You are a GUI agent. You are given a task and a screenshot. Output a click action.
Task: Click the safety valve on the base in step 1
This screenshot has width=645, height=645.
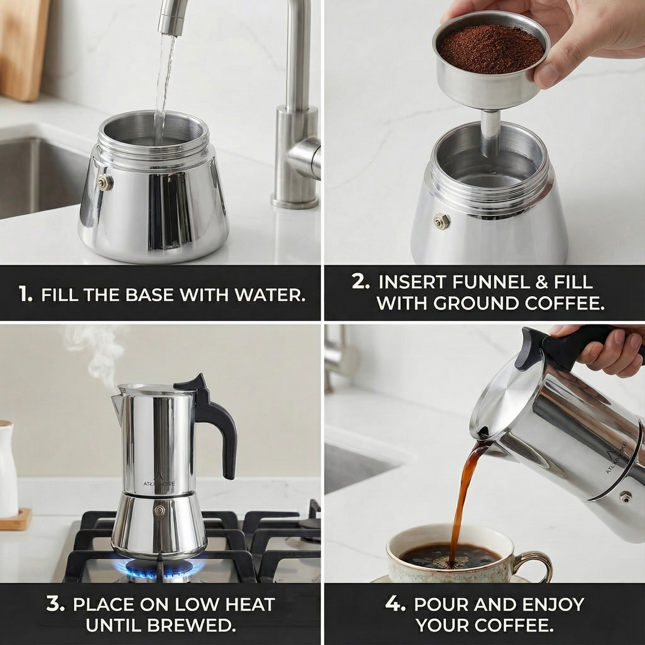105,182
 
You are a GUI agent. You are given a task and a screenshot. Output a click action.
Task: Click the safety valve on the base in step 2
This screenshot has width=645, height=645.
442,220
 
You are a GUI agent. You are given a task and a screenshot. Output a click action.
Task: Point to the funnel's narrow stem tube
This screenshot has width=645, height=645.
490,134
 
